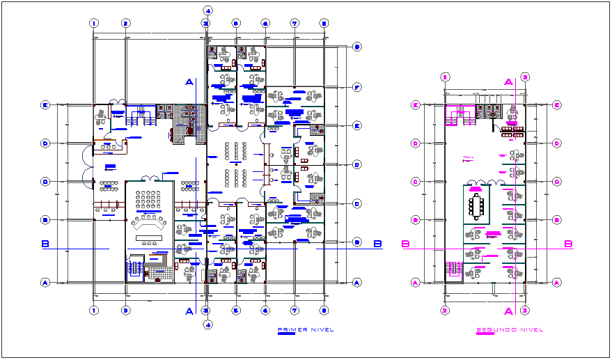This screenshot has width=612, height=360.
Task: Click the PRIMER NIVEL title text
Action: click(x=306, y=329)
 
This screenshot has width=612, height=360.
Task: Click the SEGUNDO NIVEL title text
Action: click(x=510, y=329)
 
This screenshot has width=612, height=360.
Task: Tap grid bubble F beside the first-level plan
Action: click(x=356, y=87)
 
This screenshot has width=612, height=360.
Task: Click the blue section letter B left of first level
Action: click(x=45, y=244)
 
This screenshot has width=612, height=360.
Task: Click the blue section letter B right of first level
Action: click(x=377, y=244)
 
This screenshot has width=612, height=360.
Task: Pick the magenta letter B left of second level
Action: click(x=405, y=244)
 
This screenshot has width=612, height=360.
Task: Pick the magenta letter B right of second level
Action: click(x=568, y=244)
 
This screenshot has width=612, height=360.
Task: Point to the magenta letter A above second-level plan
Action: click(x=509, y=82)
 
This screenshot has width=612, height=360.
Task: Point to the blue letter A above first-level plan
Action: click(x=189, y=82)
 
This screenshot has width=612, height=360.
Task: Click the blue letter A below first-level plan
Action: click(x=189, y=311)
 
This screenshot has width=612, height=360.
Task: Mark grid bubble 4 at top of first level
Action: click(x=207, y=9)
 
